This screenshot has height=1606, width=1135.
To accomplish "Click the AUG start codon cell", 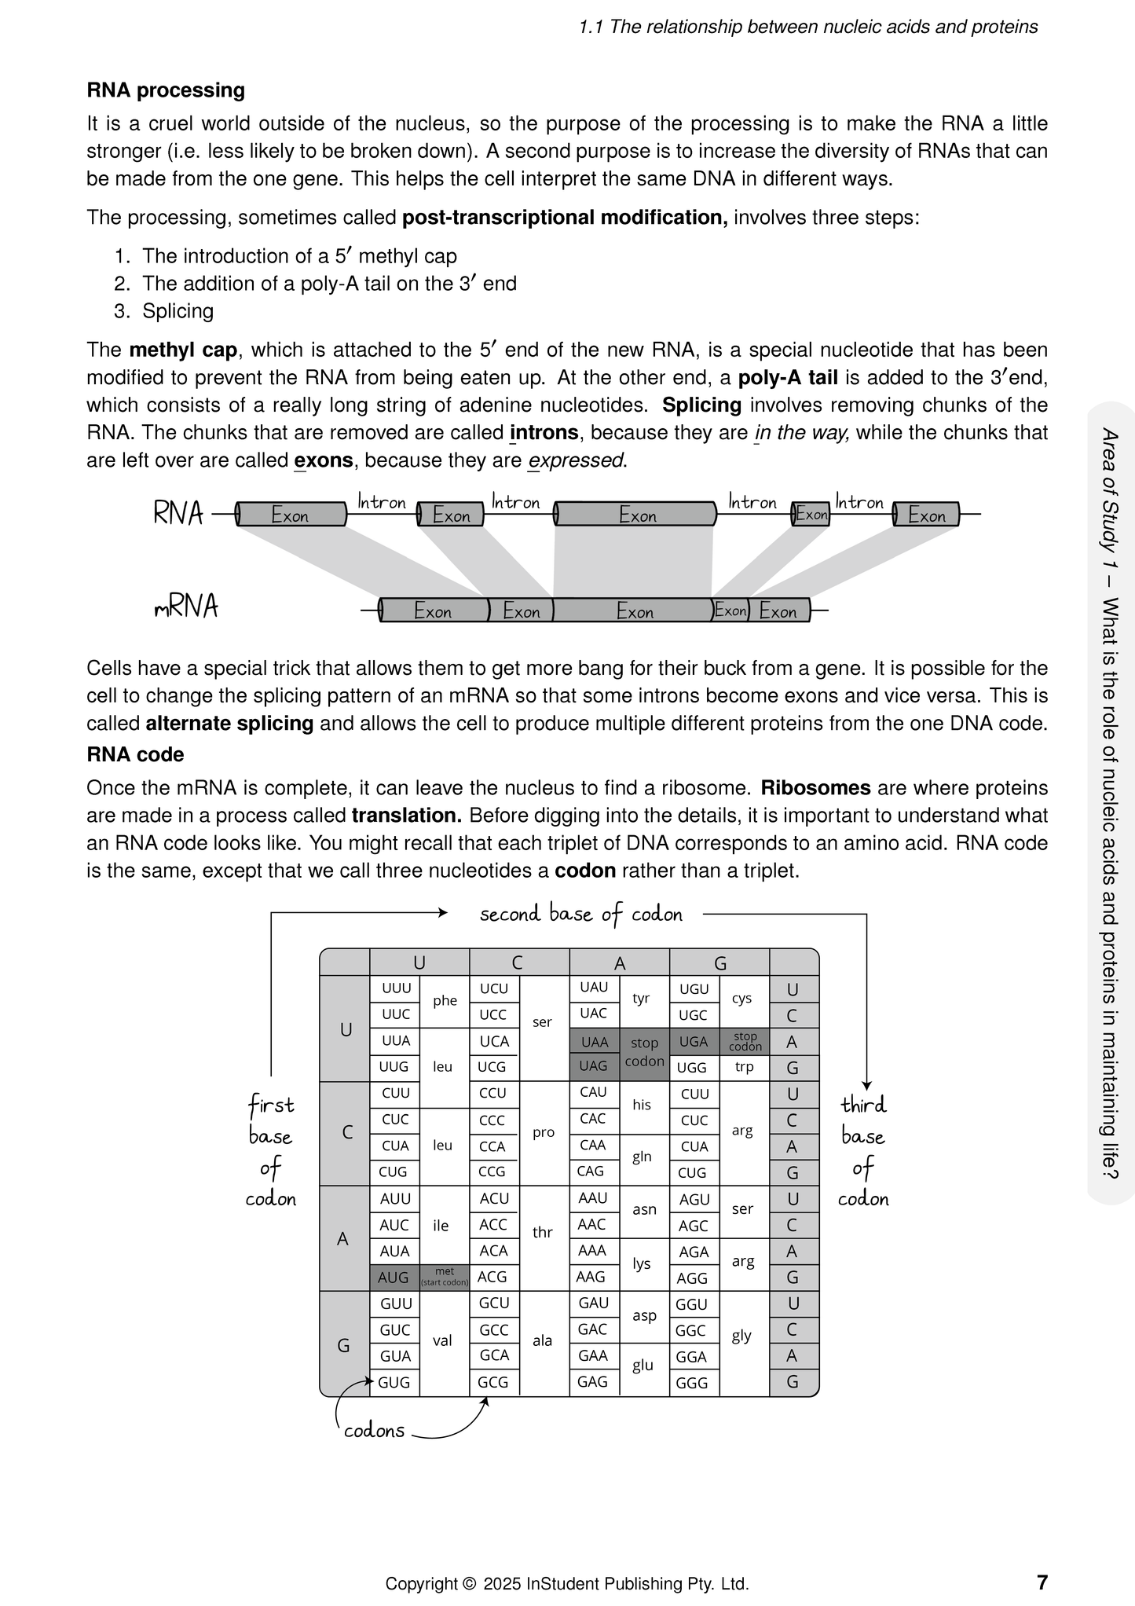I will pyautogui.click(x=394, y=1278).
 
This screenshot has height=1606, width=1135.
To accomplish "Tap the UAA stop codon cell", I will pyautogui.click(x=595, y=1042).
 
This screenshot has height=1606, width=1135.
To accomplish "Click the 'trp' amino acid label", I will pyautogui.click(x=744, y=1067).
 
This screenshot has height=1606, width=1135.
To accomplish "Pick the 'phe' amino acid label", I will pyautogui.click(x=445, y=1000).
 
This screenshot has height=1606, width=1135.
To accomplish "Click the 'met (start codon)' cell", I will pyautogui.click(x=445, y=1277).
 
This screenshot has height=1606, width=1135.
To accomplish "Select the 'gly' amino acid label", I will pyautogui.click(x=741, y=1336).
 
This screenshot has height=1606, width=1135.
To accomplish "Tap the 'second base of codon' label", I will pyautogui.click(x=580, y=914).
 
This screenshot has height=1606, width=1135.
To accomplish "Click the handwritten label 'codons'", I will pyautogui.click(x=375, y=1431).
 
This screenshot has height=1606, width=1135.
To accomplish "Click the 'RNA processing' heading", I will pyautogui.click(x=166, y=90).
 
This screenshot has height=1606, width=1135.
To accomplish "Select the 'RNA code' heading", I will pyautogui.click(x=135, y=755).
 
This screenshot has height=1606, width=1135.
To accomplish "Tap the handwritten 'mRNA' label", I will pyautogui.click(x=186, y=607).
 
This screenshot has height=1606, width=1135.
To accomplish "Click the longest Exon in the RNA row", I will pyautogui.click(x=636, y=515).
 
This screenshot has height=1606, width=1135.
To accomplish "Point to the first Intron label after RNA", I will pyautogui.click(x=382, y=501).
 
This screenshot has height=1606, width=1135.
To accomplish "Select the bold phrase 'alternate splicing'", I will pyautogui.click(x=229, y=724).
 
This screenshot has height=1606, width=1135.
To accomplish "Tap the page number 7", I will pyautogui.click(x=1042, y=1582).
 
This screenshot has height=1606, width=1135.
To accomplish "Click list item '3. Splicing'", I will pyautogui.click(x=164, y=311).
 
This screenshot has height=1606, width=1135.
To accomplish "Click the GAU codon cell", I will pyautogui.click(x=594, y=1303).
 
